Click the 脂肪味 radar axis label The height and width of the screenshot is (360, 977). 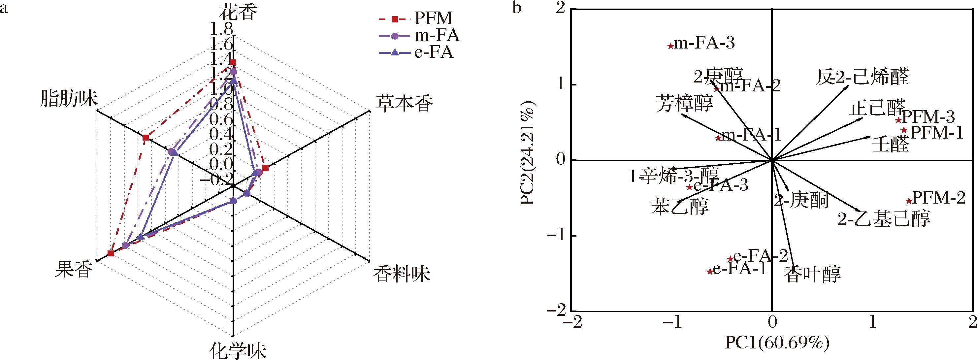click(69, 101)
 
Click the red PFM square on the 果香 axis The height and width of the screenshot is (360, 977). click(110, 253)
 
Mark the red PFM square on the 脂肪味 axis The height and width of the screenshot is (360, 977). click(146, 138)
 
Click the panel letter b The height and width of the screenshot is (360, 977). click(516, 8)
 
